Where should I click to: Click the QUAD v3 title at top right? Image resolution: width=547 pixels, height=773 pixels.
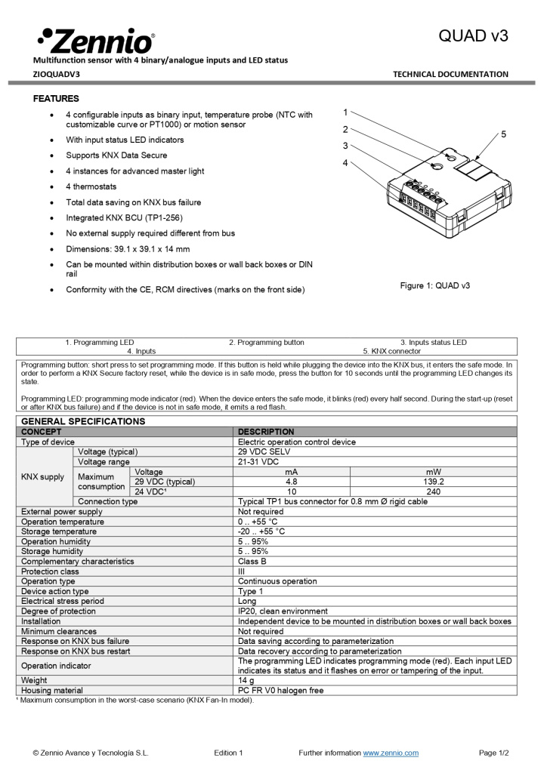pyautogui.click(x=474, y=36)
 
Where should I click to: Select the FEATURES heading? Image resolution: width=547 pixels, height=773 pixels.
pyautogui.click(x=56, y=99)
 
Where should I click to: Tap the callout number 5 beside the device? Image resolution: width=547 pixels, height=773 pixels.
pyautogui.click(x=503, y=134)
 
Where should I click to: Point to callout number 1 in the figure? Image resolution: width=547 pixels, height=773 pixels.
pyautogui.click(x=345, y=112)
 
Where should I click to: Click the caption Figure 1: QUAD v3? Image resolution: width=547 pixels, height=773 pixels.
pyautogui.click(x=434, y=285)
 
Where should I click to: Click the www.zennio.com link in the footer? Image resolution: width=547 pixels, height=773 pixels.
pyautogui.click(x=391, y=753)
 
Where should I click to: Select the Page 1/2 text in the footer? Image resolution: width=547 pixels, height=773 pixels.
pyautogui.click(x=494, y=753)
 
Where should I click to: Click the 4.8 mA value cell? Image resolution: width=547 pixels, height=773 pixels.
pyautogui.click(x=292, y=481)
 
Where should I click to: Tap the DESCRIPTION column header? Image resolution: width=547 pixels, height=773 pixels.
pyautogui.click(x=266, y=432)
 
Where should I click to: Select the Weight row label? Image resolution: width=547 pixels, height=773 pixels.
pyautogui.click(x=34, y=680)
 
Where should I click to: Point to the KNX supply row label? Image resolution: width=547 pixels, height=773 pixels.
pyautogui.click(x=43, y=476)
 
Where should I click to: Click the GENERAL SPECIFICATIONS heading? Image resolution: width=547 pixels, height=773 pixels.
pyautogui.click(x=83, y=421)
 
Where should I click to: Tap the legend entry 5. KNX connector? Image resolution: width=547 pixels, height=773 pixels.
pyautogui.click(x=391, y=351)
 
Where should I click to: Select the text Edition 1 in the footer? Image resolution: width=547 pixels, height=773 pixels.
pyautogui.click(x=228, y=753)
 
